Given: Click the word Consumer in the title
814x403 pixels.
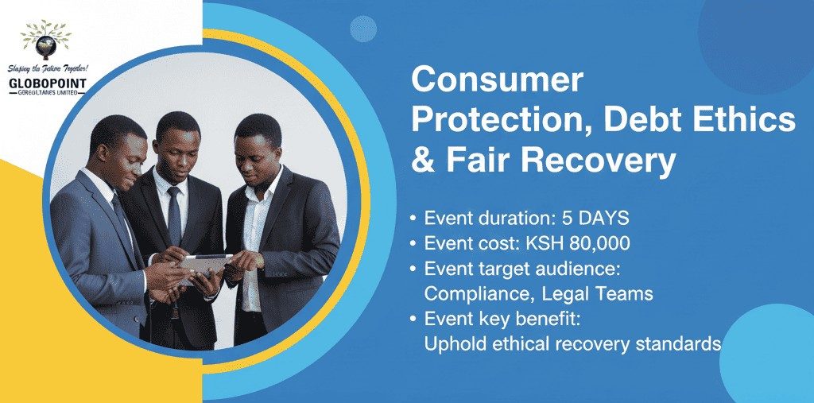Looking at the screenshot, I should (497, 81).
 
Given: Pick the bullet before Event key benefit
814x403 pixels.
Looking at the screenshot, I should (414, 320).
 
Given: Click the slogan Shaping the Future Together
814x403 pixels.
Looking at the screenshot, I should (47, 68).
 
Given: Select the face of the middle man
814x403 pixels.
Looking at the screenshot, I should (176, 146).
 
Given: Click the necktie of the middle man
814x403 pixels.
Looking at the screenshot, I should (174, 215).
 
